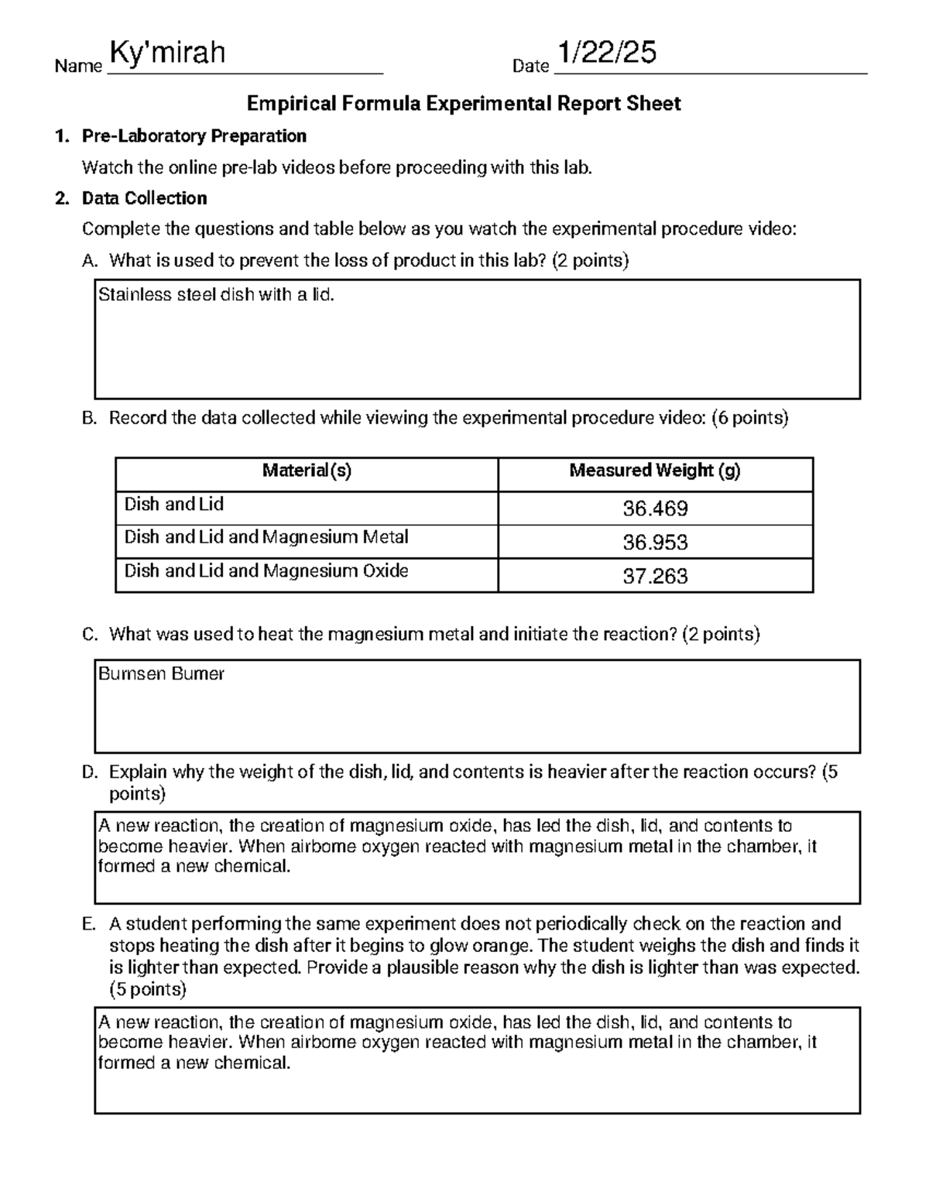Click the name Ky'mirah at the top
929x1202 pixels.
[x=167, y=53]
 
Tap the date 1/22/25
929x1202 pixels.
[x=607, y=53]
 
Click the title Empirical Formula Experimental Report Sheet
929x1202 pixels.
[x=463, y=104]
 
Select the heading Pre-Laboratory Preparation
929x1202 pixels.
[x=194, y=136]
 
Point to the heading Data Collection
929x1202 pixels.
[x=144, y=198]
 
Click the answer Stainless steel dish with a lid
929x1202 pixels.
[x=216, y=295]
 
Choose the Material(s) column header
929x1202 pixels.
[x=307, y=471]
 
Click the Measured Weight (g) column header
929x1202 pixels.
[x=655, y=471]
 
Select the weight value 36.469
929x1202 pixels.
[x=655, y=509]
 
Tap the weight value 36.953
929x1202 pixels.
[x=655, y=543]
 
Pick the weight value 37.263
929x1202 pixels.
[x=655, y=577]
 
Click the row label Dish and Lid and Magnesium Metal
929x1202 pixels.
[x=266, y=537]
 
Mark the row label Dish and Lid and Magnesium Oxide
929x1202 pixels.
[x=266, y=571]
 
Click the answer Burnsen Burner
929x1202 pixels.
[x=161, y=674]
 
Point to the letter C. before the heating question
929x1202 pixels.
[x=90, y=635]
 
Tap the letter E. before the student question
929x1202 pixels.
[x=89, y=924]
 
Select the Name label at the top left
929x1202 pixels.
[x=78, y=67]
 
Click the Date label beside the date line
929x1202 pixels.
[x=530, y=67]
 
